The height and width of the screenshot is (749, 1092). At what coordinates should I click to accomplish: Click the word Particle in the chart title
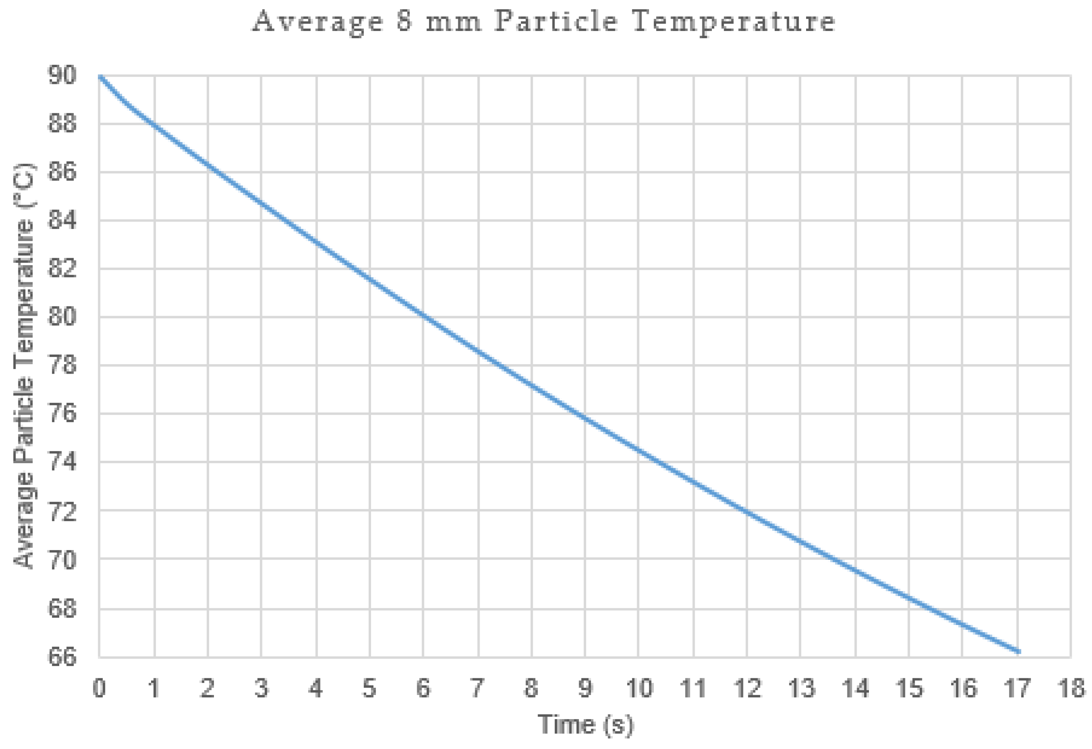point(556,22)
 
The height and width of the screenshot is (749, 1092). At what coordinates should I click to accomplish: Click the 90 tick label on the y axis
point(62,75)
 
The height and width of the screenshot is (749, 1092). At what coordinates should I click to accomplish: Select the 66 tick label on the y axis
point(62,657)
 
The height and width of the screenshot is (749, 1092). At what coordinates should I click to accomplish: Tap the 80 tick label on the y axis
point(62,317)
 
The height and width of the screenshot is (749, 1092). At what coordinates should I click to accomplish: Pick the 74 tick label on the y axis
point(62,462)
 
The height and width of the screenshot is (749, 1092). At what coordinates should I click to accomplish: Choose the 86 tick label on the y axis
point(62,172)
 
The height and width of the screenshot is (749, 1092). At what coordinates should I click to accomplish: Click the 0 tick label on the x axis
point(99,689)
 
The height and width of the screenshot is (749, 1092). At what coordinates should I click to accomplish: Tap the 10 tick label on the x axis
point(639,689)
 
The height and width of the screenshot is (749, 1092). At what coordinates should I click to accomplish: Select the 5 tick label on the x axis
point(369,689)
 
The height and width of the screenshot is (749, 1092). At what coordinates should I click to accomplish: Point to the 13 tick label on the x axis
point(801,689)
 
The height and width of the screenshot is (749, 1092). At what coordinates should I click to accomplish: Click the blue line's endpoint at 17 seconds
point(1018,652)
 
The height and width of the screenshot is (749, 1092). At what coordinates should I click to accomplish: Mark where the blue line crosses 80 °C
point(424,317)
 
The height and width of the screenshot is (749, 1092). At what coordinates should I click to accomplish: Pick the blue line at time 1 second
point(154,124)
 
